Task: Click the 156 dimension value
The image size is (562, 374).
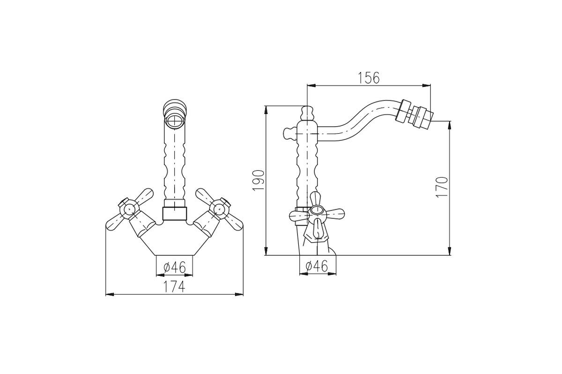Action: (x=369, y=78)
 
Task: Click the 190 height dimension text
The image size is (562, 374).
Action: (x=259, y=180)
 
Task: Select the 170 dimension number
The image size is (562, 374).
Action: (x=442, y=187)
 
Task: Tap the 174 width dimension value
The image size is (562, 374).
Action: (x=174, y=287)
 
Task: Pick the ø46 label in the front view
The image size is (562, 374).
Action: (x=175, y=267)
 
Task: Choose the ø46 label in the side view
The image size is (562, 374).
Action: (x=317, y=266)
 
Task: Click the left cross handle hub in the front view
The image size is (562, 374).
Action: (x=129, y=209)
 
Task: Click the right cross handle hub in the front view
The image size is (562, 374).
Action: (x=219, y=209)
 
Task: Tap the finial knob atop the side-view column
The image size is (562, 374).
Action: (x=307, y=113)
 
